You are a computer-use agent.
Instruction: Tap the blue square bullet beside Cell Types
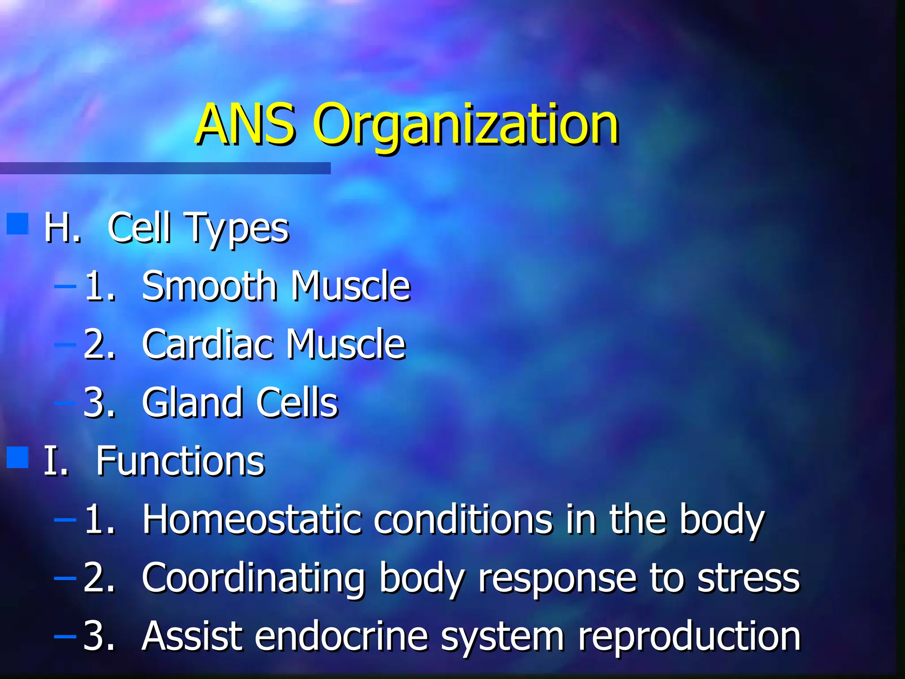(18, 224)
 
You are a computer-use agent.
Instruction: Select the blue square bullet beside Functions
(18, 457)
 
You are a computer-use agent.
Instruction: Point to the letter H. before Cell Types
(62, 228)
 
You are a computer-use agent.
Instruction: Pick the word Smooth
(209, 286)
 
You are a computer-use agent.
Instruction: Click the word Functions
(180, 461)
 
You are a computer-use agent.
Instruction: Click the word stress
(749, 578)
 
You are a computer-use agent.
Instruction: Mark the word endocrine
(341, 636)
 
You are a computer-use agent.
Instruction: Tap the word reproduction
(689, 637)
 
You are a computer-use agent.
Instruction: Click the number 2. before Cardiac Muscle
(99, 344)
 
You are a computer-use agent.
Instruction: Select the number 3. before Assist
(99, 636)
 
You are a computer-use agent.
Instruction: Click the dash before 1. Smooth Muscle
(65, 286)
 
